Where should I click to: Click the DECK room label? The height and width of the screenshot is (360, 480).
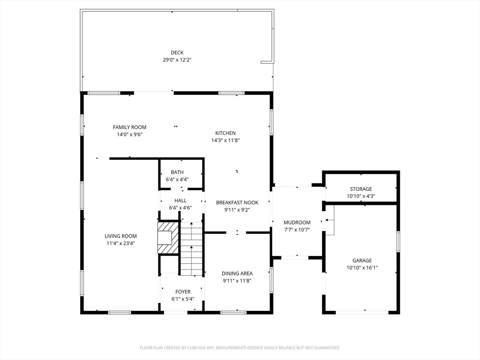177,52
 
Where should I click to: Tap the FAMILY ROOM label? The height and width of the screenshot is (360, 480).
129,127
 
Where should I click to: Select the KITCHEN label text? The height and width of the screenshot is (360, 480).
225,133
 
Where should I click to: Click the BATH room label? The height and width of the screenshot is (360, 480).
177,172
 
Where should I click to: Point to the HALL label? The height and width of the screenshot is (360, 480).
180,201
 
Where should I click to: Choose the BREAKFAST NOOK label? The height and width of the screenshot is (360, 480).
237,202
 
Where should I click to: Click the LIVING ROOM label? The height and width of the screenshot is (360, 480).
120,236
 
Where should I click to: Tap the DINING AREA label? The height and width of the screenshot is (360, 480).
237,273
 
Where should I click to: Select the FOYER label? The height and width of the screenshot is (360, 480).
183,292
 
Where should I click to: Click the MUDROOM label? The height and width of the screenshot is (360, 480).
297,223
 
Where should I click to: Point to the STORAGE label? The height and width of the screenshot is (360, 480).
361,189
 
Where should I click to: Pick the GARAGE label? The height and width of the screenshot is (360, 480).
362,261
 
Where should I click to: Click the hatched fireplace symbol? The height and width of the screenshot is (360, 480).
168,238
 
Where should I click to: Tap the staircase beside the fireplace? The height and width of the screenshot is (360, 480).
191,249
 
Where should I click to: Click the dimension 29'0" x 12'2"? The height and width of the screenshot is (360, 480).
177,60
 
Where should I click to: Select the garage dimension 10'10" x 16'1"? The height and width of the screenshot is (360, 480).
362,268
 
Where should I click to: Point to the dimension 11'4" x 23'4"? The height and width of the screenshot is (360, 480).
120,243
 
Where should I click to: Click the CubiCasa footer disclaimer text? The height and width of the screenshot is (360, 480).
240,348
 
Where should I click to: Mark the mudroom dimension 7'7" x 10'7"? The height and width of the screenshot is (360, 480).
297,230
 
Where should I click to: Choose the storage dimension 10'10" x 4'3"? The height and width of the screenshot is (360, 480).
361,196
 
